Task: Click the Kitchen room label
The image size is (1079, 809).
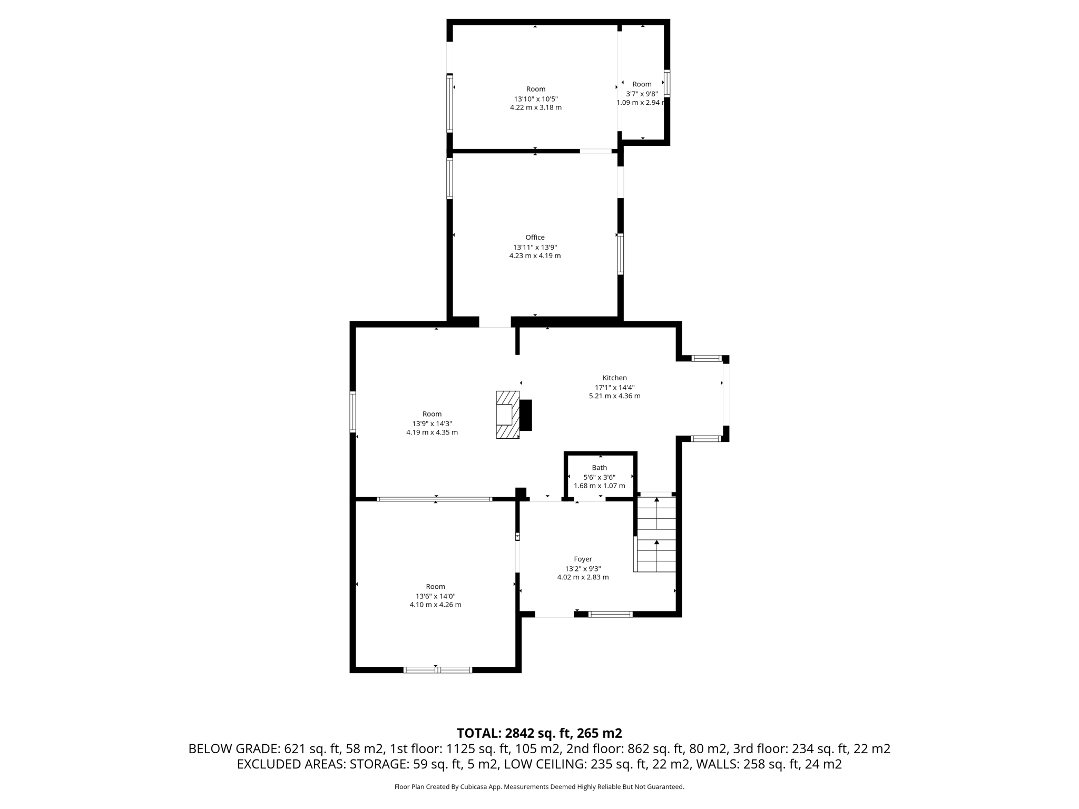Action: (x=614, y=378)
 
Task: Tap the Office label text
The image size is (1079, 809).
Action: (x=535, y=238)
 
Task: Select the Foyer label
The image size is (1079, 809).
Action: (x=583, y=559)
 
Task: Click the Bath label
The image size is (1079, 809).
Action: (x=599, y=468)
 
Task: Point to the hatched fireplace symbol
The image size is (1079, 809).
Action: (x=507, y=415)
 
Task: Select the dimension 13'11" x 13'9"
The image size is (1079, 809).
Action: (x=535, y=247)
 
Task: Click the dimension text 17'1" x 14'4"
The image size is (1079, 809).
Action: (x=614, y=387)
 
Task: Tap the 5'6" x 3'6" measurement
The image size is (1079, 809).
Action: (x=599, y=477)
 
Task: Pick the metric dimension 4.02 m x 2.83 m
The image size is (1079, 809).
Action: (x=583, y=577)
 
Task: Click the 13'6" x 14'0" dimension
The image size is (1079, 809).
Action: (x=435, y=596)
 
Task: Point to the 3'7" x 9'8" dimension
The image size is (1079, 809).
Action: (x=642, y=94)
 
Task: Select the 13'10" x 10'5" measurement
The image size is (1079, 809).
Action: (x=535, y=99)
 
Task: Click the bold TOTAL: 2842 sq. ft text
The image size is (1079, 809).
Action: (x=539, y=733)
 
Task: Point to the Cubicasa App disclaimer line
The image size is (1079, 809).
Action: (x=539, y=787)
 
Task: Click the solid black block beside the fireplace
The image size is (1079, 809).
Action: (x=526, y=415)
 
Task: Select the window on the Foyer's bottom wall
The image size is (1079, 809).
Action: (x=610, y=614)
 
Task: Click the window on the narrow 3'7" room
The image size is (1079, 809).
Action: (x=667, y=83)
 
